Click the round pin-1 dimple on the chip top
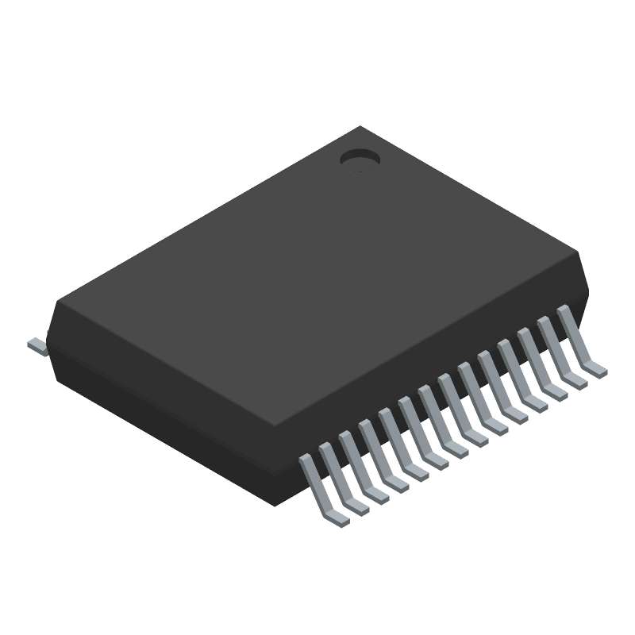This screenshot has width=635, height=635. [360, 160]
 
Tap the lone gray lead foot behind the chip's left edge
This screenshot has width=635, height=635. [37, 345]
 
